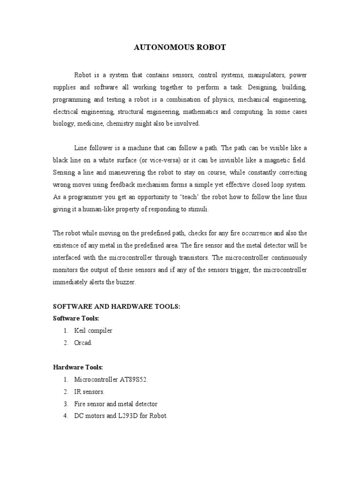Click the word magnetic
(x=272, y=160)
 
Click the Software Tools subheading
(x=76, y=318)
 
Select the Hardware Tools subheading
(x=77, y=367)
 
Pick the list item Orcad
(x=83, y=343)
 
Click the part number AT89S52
(x=133, y=379)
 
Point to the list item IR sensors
(x=89, y=391)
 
